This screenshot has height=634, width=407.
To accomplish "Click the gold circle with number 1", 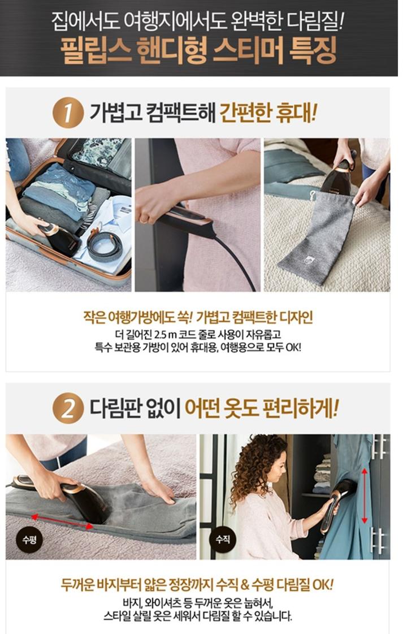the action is tap(68, 114).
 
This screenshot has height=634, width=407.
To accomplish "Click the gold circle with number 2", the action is tap(68, 408).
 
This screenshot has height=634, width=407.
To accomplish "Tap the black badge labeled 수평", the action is tap(29, 540).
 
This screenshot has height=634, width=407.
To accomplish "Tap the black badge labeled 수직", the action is tap(223, 539).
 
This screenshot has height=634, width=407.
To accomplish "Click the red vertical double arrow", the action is tap(364, 495).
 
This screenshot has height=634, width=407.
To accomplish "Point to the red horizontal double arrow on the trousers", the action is tap(62, 521).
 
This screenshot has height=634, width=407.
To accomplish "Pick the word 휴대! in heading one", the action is tap(296, 113).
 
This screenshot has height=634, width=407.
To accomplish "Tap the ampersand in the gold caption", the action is tap(245, 585).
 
